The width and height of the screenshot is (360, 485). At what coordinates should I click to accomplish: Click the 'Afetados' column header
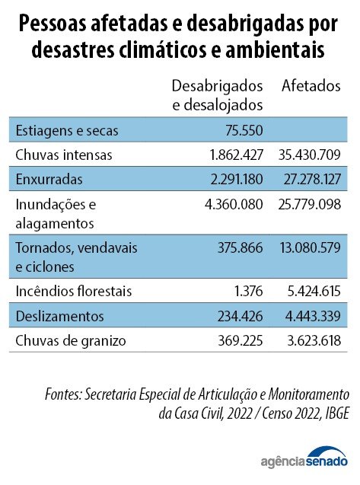(x=311, y=86)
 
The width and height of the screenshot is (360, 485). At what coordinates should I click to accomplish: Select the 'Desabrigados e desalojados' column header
(x=218, y=96)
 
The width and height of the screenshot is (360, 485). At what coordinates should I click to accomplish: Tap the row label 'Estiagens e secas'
(x=67, y=130)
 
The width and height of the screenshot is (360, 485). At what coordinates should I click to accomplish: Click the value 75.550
(x=244, y=130)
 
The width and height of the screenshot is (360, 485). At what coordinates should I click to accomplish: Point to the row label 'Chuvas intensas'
(x=64, y=155)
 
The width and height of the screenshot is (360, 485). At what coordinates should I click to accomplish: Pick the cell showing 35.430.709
(x=310, y=155)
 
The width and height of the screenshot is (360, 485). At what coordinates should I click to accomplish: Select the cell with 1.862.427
(x=237, y=155)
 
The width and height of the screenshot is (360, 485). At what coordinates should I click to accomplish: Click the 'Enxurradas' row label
(x=49, y=180)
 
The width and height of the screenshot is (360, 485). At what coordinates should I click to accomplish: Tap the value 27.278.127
(x=312, y=180)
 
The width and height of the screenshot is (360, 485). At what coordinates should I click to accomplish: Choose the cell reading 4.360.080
(x=234, y=205)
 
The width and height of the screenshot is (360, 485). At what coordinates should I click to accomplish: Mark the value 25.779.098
(x=310, y=205)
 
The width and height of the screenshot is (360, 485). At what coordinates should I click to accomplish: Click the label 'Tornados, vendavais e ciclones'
(x=76, y=257)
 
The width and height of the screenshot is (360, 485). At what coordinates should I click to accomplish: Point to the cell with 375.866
(x=241, y=247)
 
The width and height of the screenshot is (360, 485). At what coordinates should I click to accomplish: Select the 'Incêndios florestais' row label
(x=74, y=291)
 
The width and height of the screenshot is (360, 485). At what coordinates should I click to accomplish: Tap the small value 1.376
(x=249, y=291)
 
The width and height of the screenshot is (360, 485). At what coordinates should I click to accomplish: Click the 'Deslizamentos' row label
(x=59, y=316)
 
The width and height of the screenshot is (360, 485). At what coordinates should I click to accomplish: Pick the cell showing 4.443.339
(x=313, y=316)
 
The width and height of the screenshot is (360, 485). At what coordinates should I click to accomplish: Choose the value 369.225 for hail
(x=241, y=341)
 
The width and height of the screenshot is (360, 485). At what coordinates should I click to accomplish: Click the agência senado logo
(x=304, y=458)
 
